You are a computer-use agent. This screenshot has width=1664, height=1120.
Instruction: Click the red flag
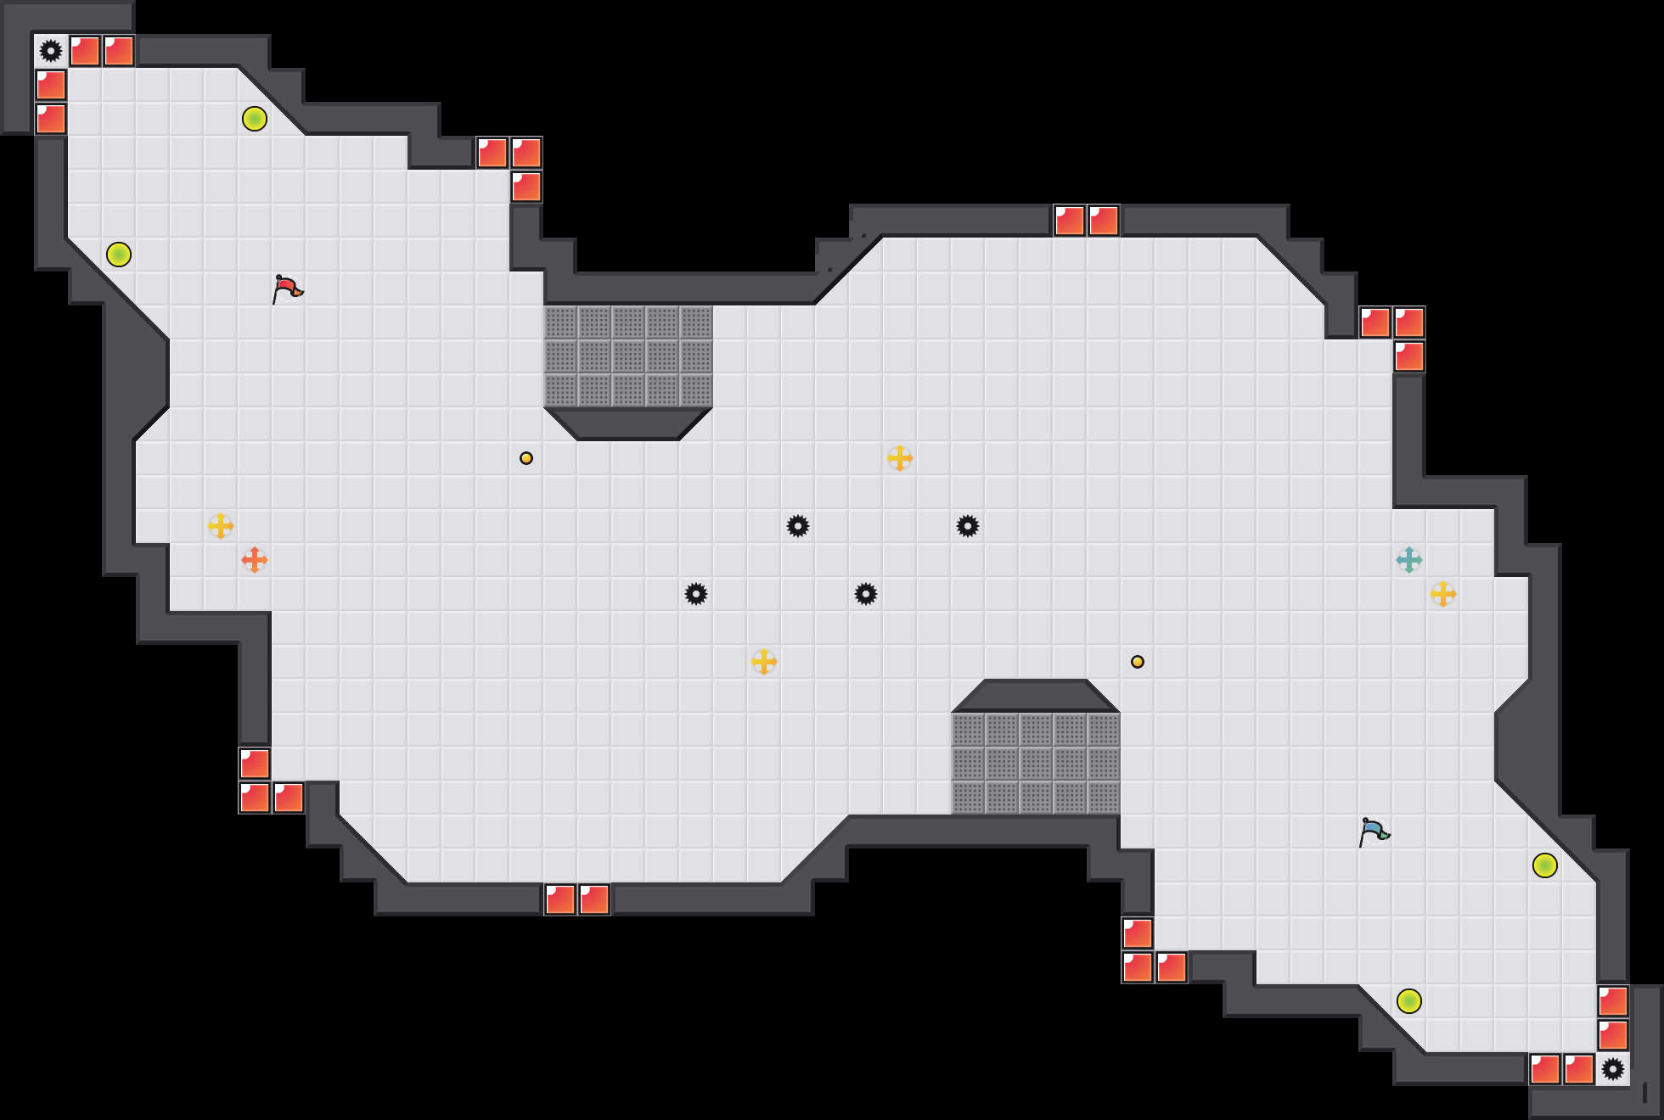[x=287, y=288]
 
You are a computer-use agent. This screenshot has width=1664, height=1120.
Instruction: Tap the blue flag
[x=1374, y=832]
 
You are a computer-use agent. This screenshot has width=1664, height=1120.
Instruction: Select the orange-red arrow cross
[x=255, y=560]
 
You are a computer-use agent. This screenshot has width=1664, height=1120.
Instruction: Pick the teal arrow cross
[x=1409, y=560]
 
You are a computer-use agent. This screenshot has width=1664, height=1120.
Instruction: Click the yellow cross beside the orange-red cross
[x=221, y=526]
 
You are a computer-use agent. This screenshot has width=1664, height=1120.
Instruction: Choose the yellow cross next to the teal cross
[x=1443, y=594]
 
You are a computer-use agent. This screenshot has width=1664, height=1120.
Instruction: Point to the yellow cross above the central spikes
[x=900, y=458]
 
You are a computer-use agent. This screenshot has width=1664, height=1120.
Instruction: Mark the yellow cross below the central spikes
[x=764, y=662]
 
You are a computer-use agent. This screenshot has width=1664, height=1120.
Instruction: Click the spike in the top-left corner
[x=51, y=51]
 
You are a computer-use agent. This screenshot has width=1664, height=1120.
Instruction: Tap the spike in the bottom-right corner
[x=1613, y=1069]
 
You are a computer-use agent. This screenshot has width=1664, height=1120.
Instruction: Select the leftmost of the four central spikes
[x=696, y=594]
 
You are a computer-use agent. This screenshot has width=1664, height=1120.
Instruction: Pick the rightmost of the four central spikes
[x=968, y=526]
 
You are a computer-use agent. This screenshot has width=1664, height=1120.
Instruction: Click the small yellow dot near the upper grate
[x=526, y=458]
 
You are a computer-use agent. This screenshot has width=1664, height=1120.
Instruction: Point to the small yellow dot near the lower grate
[x=1138, y=662]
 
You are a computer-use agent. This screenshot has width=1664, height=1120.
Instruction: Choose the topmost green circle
[x=255, y=119]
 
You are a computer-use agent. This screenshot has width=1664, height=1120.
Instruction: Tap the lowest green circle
[x=1409, y=1001]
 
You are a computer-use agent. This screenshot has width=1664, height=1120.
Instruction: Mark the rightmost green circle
[x=1545, y=865]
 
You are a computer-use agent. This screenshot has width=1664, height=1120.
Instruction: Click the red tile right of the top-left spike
[x=85, y=51]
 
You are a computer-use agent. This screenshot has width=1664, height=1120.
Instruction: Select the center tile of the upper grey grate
[x=628, y=356]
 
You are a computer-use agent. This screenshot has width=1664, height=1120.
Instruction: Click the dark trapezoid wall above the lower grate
[x=1036, y=696]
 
